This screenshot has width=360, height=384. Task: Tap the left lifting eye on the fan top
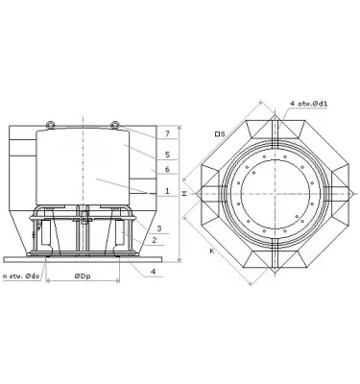[x=50, y=123]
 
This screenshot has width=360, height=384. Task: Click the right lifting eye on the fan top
[x=114, y=123]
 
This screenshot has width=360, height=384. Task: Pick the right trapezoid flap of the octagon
[x=336, y=193]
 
